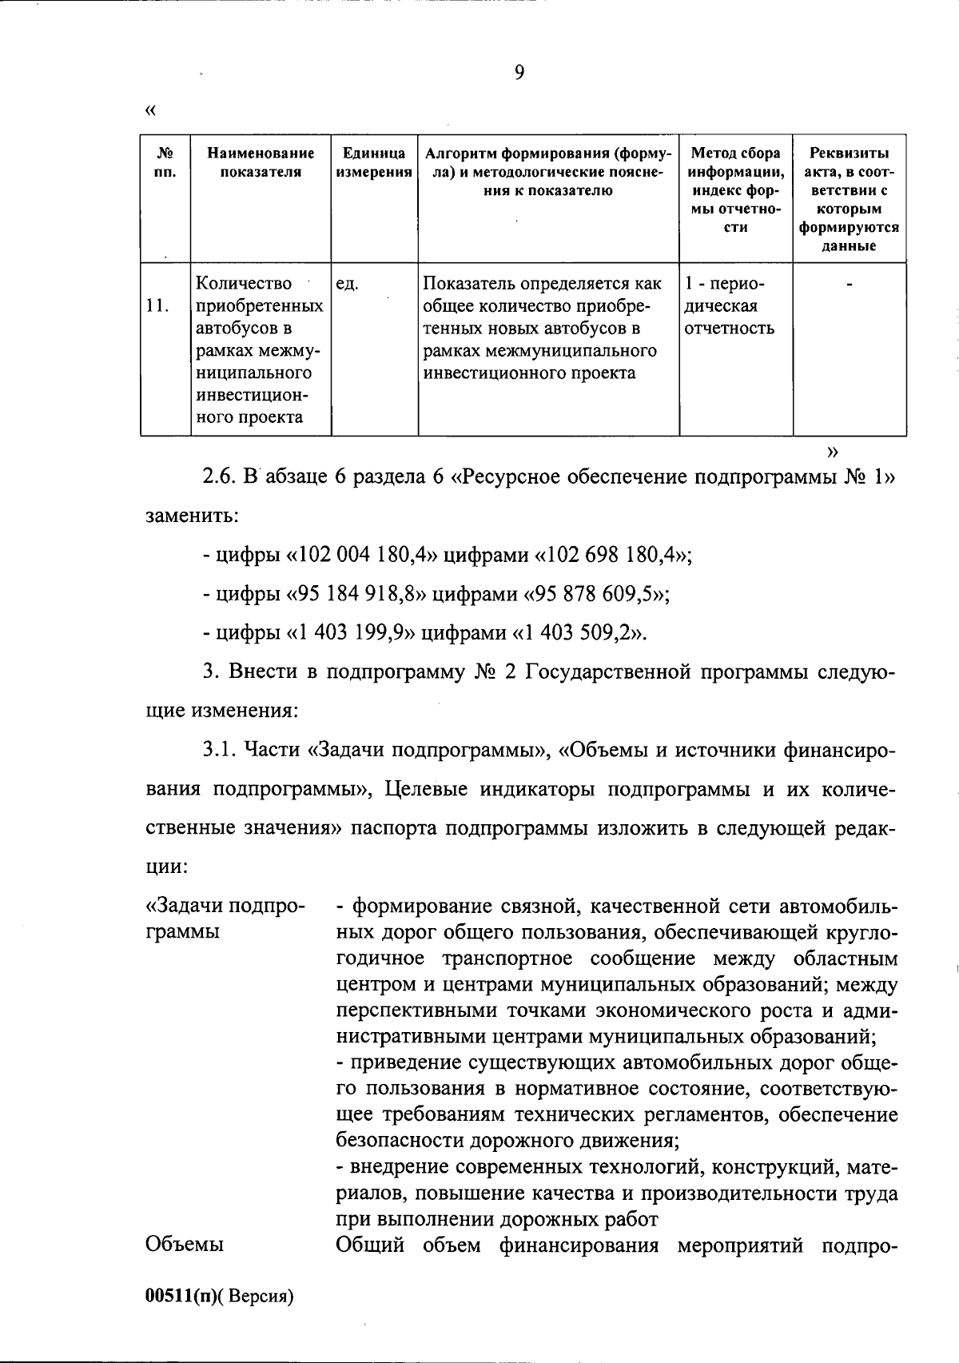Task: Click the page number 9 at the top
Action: point(519,73)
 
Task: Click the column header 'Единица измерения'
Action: point(374,162)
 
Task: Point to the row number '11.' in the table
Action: point(157,305)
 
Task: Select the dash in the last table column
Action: point(849,283)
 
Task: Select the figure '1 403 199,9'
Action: point(351,633)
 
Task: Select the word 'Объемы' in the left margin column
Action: point(184,1245)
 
